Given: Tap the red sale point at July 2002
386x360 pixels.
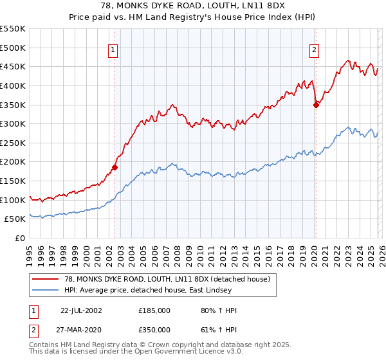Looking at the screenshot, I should [115, 167].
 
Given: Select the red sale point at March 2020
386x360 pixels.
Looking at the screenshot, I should [316, 105].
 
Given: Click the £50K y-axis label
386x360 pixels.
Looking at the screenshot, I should [15, 219].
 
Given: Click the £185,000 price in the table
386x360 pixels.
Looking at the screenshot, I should [154, 310].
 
